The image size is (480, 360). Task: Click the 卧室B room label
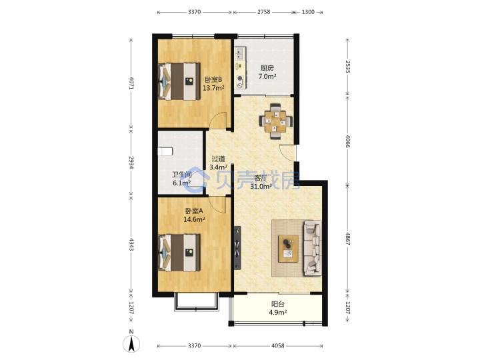[213, 79]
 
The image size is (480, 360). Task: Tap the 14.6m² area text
[194, 219]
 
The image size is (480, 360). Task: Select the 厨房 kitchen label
[267, 68]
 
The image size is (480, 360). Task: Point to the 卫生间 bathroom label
[181, 175]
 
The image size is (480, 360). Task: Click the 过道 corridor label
[218, 159]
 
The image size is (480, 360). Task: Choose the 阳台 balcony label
[278, 304]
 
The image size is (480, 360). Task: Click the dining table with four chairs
[275, 121]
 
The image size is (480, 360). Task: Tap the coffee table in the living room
[288, 249]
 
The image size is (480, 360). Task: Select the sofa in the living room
[313, 248]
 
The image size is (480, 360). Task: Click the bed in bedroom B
[179, 81]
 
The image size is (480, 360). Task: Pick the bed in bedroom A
[179, 253]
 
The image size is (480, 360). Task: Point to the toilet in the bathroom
[165, 151]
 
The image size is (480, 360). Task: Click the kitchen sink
[239, 54]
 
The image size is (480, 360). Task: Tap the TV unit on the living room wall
[237, 248]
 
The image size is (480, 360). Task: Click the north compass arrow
[131, 344]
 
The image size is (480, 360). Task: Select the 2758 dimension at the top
[263, 12]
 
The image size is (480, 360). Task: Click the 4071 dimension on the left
[131, 83]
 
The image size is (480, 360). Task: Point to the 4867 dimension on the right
[347, 239]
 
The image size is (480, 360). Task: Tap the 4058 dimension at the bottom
[277, 345]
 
